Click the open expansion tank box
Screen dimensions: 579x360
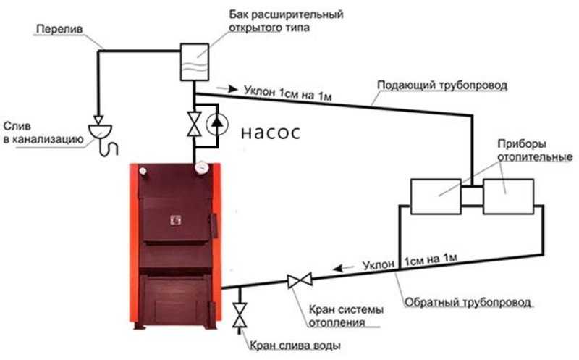tap(194, 62)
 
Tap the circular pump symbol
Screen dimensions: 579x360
tap(216, 124)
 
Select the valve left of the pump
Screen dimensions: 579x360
tap(194, 124)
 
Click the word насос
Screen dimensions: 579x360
tap(271, 133)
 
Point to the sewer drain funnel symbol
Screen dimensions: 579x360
tap(101, 132)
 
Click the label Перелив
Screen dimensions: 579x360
tap(59, 29)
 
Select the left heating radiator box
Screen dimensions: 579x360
tap(436, 196)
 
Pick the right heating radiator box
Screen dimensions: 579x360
tap(508, 196)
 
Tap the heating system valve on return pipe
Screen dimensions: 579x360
tap(300, 280)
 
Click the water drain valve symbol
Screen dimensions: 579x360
tap(240, 315)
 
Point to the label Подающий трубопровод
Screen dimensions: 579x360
tap(442, 85)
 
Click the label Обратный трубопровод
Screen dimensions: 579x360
tap(468, 302)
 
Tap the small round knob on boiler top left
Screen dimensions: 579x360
tap(143, 170)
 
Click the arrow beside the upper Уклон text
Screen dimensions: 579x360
tap(227, 88)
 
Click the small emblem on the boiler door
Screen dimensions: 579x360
tap(175, 220)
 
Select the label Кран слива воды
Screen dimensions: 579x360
tap(295, 346)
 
